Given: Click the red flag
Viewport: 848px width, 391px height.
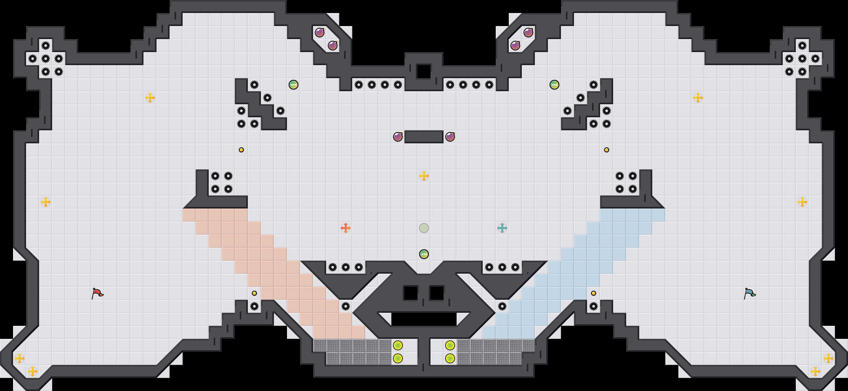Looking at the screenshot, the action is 97,293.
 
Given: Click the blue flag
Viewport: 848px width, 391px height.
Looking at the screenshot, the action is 750,293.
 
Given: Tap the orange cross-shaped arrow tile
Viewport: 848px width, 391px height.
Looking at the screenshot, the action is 345,228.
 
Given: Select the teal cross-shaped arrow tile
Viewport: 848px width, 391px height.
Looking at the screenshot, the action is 502,228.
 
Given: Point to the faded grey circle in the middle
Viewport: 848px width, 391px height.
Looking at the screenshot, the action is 424,228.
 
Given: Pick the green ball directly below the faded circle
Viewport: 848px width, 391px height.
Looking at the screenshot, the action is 424,254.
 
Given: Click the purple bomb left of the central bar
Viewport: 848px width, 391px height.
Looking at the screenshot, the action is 398,137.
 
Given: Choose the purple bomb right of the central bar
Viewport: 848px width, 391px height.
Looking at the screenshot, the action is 450,137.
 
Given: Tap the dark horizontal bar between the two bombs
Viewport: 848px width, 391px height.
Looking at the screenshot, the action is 424,137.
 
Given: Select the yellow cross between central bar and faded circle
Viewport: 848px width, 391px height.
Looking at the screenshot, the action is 424,176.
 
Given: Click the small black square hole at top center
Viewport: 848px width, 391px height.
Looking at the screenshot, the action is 424,71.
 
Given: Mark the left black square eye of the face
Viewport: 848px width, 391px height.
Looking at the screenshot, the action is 411,293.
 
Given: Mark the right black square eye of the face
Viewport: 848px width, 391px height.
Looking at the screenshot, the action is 437,293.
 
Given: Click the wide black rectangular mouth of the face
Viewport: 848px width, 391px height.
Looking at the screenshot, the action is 424,319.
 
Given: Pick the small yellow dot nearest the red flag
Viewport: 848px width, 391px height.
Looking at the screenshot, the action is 254,293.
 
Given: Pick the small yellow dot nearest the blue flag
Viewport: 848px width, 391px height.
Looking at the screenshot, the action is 593,293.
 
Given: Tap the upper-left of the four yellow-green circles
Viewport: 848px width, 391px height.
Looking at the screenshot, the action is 398,345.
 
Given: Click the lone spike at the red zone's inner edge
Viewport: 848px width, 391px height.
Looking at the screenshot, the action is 345,306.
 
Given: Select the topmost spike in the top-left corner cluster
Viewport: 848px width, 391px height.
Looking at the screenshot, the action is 45,45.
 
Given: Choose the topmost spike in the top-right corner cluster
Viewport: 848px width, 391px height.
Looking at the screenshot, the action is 802,45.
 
